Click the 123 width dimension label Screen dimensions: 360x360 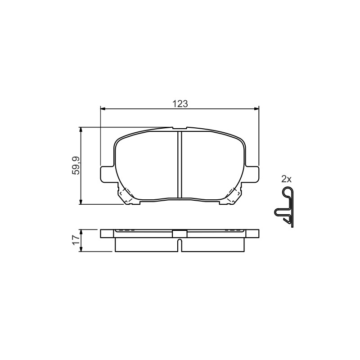click(180, 104)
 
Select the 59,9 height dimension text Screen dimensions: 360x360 click(76, 166)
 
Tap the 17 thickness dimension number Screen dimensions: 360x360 click(76, 240)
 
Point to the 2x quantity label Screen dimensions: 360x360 click(286, 179)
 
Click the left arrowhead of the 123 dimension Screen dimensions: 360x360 click(103, 108)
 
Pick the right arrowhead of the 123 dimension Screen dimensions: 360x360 click(256, 108)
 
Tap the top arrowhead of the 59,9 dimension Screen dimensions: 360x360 click(81, 130)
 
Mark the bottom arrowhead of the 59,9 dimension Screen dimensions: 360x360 click(81, 202)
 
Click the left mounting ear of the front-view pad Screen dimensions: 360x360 click(108, 175)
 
